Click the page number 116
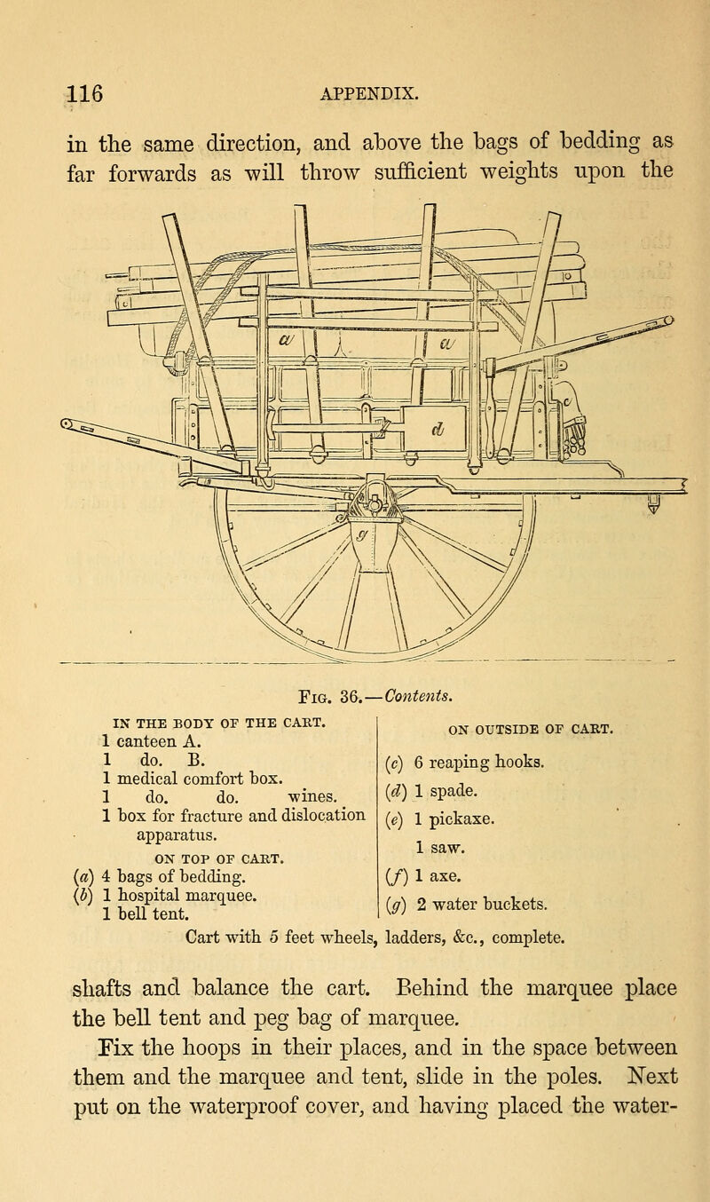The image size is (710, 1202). pyautogui.click(x=85, y=94)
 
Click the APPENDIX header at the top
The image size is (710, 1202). pyautogui.click(x=369, y=94)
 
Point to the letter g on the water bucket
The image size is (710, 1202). pyautogui.click(x=363, y=534)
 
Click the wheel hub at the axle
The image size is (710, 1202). pyautogui.click(x=375, y=504)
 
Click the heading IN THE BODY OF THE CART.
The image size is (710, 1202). pyautogui.click(x=219, y=723)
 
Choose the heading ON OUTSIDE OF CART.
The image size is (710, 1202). pyautogui.click(x=530, y=730)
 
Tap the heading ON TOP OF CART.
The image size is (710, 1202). pyautogui.click(x=219, y=859)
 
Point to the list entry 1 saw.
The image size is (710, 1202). pyautogui.click(x=439, y=847)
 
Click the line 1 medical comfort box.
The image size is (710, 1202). pyautogui.click(x=193, y=779)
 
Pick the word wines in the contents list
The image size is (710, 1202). pyautogui.click(x=313, y=797)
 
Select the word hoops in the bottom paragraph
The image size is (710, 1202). pyautogui.click(x=211, y=1048)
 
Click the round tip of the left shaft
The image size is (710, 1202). pyautogui.click(x=67, y=424)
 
